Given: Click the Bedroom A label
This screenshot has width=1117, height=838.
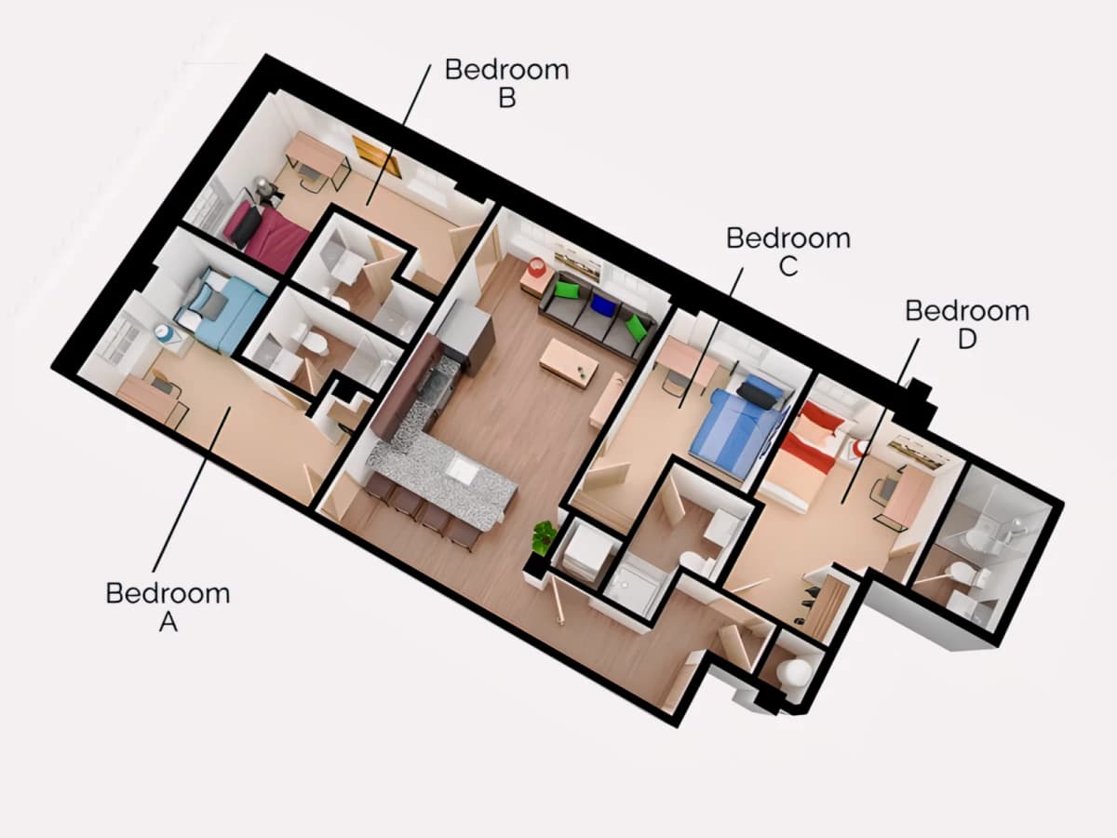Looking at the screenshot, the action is [168, 607].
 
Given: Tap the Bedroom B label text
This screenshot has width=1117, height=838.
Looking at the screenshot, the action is [507, 84].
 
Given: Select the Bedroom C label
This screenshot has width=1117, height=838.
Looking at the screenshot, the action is [788, 251].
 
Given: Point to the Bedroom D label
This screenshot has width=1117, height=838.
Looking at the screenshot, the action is [967, 325].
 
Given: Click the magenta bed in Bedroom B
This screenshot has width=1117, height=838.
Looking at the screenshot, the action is [267, 235].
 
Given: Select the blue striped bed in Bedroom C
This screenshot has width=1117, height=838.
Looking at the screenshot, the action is [738, 425].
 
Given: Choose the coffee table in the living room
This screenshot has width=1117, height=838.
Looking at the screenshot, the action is [569, 363].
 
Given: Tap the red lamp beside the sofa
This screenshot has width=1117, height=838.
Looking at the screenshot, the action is [536, 266].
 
